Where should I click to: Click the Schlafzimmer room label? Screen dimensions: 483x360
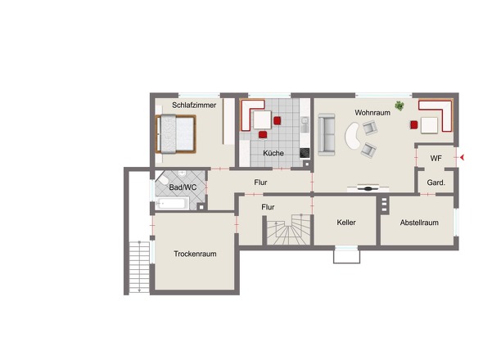194,106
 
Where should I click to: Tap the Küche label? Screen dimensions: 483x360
273,153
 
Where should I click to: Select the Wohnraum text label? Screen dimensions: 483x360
372,113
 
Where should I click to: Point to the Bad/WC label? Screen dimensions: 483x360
183,187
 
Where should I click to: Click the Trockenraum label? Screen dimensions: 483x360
195,254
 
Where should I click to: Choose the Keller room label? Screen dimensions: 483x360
346,223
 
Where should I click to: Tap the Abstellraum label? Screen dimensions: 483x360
419,223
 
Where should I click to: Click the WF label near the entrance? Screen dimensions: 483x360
436,158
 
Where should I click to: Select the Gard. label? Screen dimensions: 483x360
436,182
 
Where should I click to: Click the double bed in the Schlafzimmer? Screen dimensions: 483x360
176,134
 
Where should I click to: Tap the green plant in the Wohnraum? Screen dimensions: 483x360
399,106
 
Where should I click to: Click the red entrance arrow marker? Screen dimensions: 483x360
462,158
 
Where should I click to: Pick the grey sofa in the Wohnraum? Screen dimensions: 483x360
327,134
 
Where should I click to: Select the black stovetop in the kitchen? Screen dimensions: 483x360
305,153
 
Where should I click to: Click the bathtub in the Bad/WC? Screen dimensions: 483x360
172,203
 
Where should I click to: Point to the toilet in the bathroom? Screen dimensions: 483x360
162,180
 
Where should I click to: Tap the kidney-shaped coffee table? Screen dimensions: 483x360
353,136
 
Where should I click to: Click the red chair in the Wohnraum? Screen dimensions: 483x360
414,124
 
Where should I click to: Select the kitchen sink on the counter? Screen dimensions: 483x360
305,124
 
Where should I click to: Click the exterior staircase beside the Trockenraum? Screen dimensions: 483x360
139,268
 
